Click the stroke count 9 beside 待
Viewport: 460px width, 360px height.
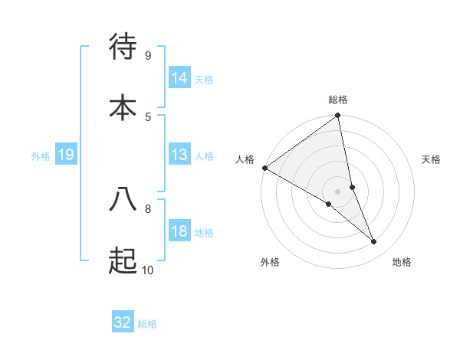point(147,55)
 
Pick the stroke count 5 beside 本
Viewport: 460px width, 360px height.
point(147,116)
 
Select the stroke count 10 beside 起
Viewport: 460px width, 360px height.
point(147,270)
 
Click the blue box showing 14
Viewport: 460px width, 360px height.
point(179,78)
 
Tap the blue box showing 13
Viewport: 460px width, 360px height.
point(179,155)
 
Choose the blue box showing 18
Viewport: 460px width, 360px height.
point(179,231)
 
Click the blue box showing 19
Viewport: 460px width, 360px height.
point(66,155)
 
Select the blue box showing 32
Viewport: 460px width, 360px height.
point(123,322)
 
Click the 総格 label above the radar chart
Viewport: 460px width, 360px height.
point(338,100)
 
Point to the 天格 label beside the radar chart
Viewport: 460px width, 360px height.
point(432,159)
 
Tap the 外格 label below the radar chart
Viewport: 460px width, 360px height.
point(270,262)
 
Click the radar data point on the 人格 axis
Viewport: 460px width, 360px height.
point(264,168)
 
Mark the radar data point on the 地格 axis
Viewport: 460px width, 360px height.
point(374,242)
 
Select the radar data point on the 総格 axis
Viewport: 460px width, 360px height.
point(338,116)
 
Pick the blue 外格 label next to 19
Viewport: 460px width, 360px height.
point(41,155)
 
